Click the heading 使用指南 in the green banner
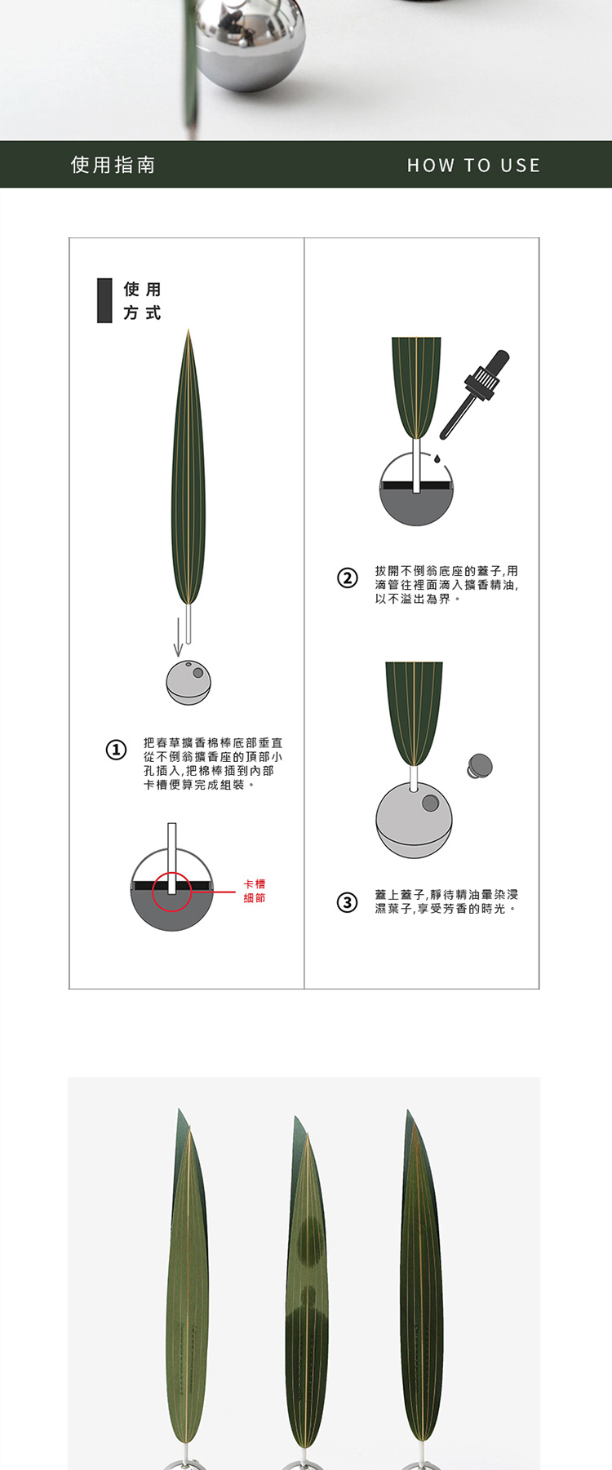click(x=113, y=165)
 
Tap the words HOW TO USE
click(x=473, y=166)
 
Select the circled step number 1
click(x=117, y=750)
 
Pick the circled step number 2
click(x=348, y=578)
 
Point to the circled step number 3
click(x=348, y=902)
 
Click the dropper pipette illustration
click(x=475, y=395)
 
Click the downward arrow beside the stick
click(x=178, y=637)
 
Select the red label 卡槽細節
click(x=255, y=891)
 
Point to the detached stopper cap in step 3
click(x=480, y=766)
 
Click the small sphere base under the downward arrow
click(x=188, y=683)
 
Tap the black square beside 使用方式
click(x=104, y=300)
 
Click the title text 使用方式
click(x=142, y=301)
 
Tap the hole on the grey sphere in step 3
click(x=429, y=804)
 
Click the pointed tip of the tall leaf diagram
click(x=188, y=330)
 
